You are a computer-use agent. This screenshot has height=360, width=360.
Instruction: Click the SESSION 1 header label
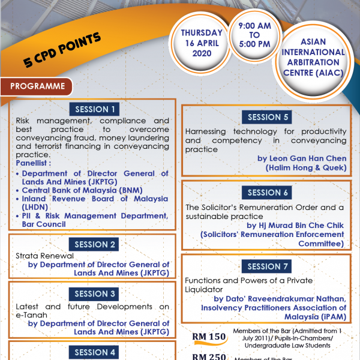coord(92,109)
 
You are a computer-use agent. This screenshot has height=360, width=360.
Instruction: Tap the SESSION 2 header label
coord(92,244)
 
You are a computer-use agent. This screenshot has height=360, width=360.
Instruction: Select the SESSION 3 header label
coord(92,294)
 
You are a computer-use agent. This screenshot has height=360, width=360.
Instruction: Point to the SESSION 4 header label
coord(92,352)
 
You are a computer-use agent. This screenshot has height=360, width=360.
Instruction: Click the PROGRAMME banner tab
coord(37,86)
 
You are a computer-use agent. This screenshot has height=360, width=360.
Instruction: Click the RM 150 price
coord(209,337)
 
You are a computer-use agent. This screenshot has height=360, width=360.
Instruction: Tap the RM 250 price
coord(209,357)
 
